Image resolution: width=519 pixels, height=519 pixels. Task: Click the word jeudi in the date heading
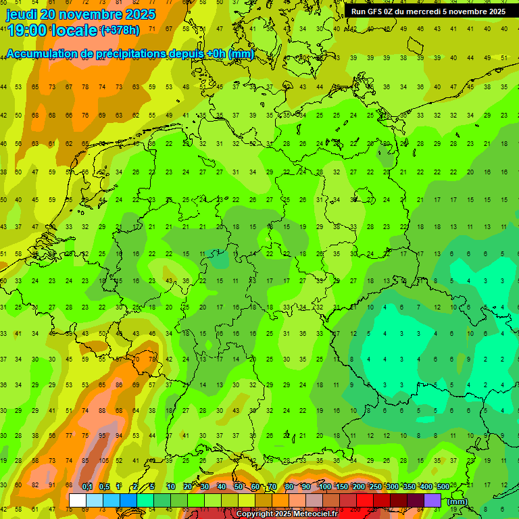[x=22, y=14]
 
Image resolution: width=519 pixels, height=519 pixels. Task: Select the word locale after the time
[x=76, y=30]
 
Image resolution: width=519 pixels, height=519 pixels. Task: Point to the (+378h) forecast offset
[x=120, y=30]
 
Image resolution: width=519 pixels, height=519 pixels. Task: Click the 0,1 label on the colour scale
[x=86, y=487]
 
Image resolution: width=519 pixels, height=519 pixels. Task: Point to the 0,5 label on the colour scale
[x=104, y=487]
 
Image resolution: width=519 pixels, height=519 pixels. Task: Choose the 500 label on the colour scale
[x=443, y=487]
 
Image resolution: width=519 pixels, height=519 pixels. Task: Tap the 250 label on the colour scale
[x=375, y=487]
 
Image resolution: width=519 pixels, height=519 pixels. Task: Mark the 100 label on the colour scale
[x=325, y=487]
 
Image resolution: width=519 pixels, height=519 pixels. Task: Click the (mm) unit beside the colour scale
[x=458, y=501]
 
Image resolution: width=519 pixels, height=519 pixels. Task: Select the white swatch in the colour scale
[x=78, y=500]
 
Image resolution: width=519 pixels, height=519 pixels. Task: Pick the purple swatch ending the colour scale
[x=433, y=500]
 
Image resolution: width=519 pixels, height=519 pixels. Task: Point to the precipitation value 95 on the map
[x=101, y=436]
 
